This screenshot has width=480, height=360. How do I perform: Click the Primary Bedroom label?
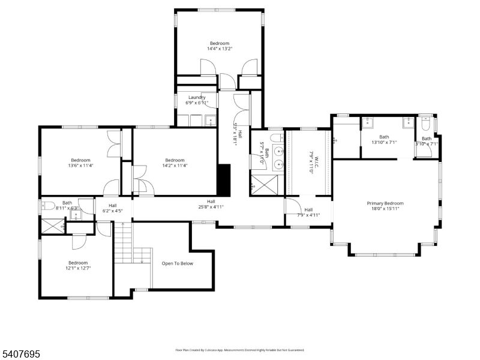click(x=385, y=203)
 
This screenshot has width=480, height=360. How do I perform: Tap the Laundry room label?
click(x=197, y=97)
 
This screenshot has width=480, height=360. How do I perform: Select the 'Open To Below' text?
click(x=178, y=263)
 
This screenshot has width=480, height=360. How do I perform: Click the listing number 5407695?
click(x=21, y=355)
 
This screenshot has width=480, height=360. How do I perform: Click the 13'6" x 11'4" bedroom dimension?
click(x=80, y=166)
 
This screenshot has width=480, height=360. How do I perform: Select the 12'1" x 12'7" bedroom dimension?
click(x=78, y=269)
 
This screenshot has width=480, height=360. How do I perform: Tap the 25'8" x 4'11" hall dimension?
click(x=211, y=208)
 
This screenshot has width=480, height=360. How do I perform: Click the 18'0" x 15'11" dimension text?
click(x=385, y=210)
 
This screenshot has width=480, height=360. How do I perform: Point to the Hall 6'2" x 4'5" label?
click(x=113, y=208)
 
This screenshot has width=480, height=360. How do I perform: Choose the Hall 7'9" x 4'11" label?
click(x=308, y=212)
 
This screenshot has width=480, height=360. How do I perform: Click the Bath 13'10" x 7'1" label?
click(x=384, y=139)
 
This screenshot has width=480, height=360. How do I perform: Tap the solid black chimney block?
click(x=223, y=180)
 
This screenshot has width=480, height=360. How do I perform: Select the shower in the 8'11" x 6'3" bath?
click(x=52, y=226)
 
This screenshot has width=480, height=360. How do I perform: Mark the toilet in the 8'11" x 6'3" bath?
click(x=47, y=206)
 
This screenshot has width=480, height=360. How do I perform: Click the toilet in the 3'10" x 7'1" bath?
click(x=425, y=125)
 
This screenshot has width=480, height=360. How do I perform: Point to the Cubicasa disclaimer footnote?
click(x=240, y=350)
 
